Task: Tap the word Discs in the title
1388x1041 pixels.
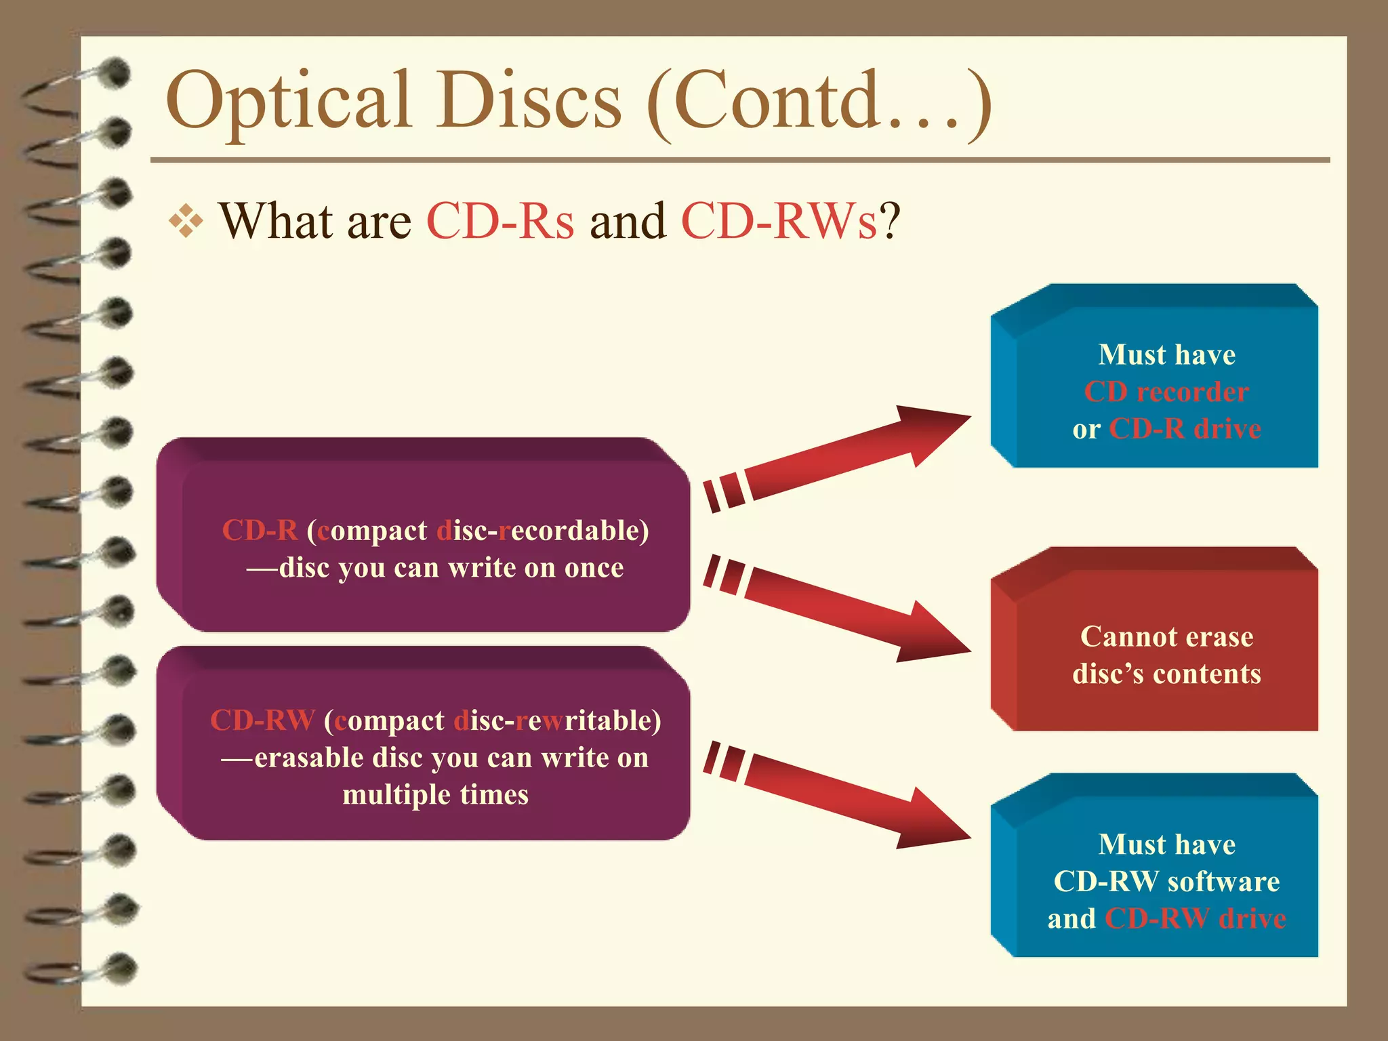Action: tap(529, 100)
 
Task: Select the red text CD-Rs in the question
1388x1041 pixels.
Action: tap(500, 222)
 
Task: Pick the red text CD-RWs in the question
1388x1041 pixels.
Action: tap(779, 222)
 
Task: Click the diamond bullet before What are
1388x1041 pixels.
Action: tap(186, 221)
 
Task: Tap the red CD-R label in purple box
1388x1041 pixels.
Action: tap(260, 531)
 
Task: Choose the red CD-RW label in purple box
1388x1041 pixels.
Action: tap(262, 720)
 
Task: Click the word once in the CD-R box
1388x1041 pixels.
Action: tap(594, 568)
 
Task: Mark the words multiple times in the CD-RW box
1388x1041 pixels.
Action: tap(435, 795)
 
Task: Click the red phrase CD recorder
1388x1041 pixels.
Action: tap(1166, 392)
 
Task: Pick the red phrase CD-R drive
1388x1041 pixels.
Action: tap(1185, 429)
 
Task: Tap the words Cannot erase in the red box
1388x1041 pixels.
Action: tap(1166, 637)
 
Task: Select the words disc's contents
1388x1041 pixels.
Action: tap(1166, 674)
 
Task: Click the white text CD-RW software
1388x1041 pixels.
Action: tap(1166, 882)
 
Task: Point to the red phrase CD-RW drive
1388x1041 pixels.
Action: tap(1195, 919)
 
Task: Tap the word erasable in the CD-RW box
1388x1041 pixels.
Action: tap(309, 758)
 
